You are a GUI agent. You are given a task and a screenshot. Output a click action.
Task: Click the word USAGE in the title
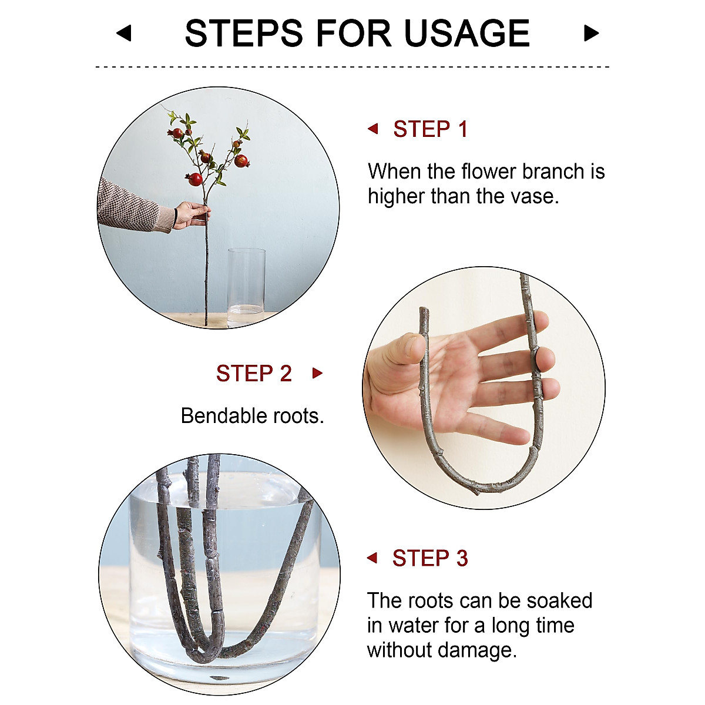pos(467,33)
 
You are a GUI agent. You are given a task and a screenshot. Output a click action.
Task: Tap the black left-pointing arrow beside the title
pos(124,33)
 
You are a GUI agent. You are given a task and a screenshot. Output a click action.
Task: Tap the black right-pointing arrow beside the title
pos(591,33)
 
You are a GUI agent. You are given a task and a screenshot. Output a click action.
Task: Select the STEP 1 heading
pos(431,129)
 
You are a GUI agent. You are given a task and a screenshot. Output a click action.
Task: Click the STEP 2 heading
pos(254,373)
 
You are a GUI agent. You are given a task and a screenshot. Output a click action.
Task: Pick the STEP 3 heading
pos(430,558)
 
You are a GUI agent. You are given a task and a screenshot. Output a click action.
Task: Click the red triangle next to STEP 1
pos(373,129)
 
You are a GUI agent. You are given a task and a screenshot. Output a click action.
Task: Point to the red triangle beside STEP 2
pos(318,373)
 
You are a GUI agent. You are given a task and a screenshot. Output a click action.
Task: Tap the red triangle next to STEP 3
pos(372,558)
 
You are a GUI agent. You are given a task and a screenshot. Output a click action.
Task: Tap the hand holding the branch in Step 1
pos(192,215)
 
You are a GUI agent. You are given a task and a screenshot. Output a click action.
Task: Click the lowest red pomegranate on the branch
pos(194,179)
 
